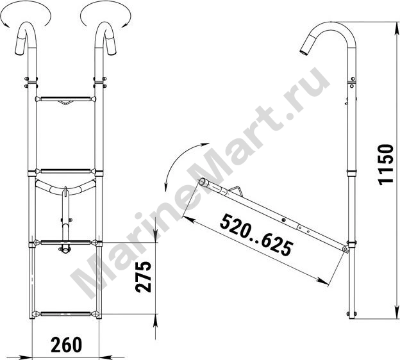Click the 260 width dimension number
coord(67,345)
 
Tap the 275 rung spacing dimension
coord(143,277)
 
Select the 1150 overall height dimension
coord(386,165)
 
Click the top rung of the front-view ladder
coord(65,99)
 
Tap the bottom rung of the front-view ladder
coord(65,314)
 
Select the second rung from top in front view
coord(65,171)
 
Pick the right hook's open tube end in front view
coord(112,53)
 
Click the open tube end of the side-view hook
coord(303,53)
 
